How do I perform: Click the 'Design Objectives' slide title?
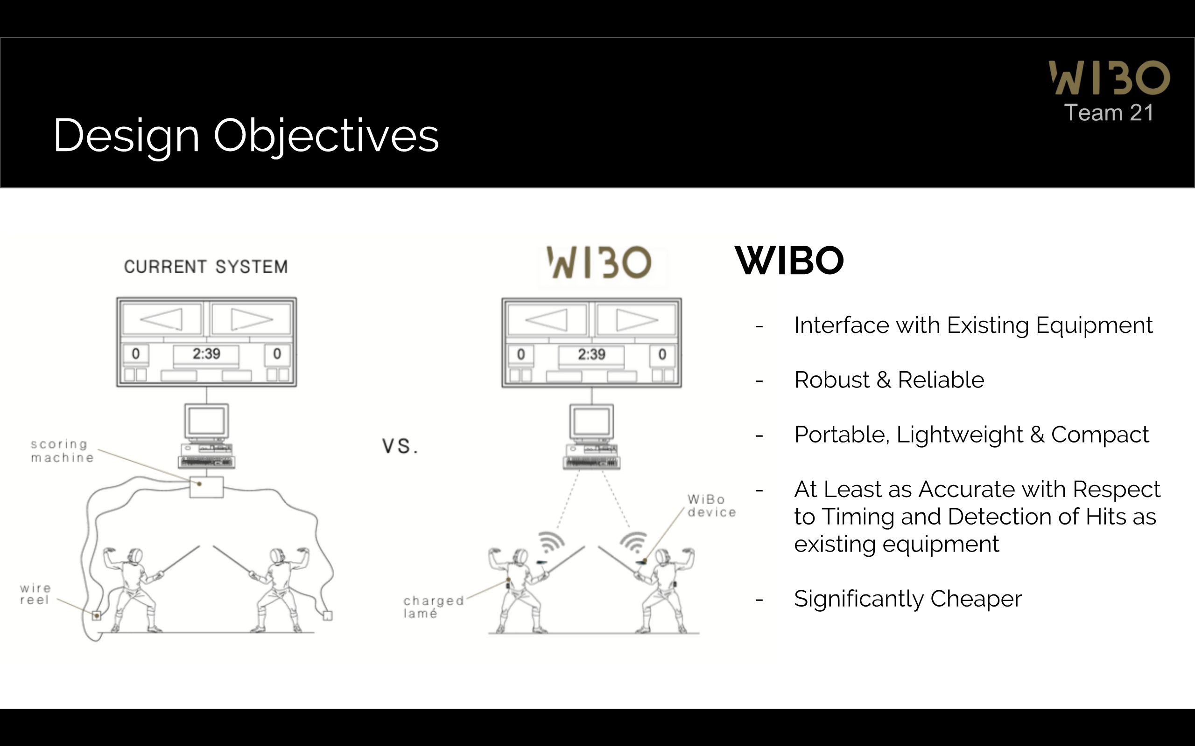point(246,135)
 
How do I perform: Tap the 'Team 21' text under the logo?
point(1109,113)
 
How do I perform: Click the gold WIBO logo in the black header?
point(1109,77)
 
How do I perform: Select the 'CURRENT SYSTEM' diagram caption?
point(206,267)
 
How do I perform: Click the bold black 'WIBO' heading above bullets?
point(789,261)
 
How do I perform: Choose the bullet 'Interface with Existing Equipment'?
point(973,325)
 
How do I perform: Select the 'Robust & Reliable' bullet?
point(889,380)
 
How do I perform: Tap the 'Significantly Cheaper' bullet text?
point(907,599)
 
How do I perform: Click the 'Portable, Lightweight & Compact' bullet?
point(971,435)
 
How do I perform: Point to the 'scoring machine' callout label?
point(62,451)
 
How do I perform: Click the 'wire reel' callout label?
point(35,594)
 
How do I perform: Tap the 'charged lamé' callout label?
point(433,607)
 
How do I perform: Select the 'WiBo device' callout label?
point(711,506)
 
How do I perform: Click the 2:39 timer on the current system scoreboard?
point(206,354)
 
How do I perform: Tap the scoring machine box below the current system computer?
point(206,487)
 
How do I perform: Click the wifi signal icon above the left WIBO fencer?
point(550,542)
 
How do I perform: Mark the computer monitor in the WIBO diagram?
point(591,422)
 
